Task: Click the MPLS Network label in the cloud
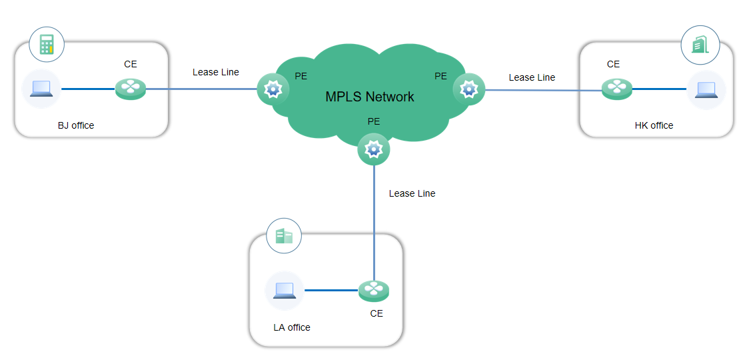[x=369, y=97]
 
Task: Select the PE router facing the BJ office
[x=273, y=89]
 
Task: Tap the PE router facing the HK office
[x=468, y=89]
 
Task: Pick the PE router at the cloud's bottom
[x=373, y=149]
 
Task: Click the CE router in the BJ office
[x=130, y=89]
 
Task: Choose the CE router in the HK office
[x=616, y=89]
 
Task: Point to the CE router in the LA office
[x=373, y=290]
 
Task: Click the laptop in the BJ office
[x=41, y=89]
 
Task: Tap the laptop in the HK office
[x=706, y=89]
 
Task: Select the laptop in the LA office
[x=284, y=290]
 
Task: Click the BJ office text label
[x=76, y=125]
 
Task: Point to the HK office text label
[x=654, y=125]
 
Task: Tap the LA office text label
[x=292, y=327]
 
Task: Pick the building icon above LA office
[x=284, y=236]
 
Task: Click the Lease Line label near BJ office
[x=215, y=72]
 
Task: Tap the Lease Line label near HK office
[x=532, y=77]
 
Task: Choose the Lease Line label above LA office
[x=412, y=193]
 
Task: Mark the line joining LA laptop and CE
[x=331, y=290]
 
